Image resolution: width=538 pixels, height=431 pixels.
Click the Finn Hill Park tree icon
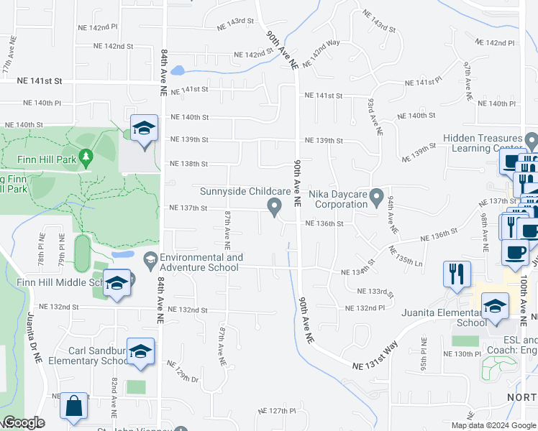(x=86, y=156)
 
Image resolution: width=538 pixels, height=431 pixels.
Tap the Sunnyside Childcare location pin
(x=274, y=207)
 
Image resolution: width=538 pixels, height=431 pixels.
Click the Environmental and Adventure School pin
(x=150, y=259)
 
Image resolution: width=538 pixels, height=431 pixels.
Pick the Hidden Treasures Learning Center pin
(x=532, y=139)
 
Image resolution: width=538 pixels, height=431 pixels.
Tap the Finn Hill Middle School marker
(x=117, y=283)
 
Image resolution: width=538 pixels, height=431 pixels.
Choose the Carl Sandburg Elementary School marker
(x=141, y=351)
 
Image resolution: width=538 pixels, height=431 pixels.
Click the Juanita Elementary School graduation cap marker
(x=495, y=307)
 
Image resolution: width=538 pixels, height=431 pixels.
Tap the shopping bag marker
(x=73, y=406)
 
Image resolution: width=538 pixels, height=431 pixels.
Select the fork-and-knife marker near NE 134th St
(x=457, y=274)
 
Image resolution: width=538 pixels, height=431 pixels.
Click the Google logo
(x=23, y=423)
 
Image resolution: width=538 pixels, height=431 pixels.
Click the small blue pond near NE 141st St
(x=178, y=71)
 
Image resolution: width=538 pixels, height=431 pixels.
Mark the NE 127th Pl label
(x=278, y=412)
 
